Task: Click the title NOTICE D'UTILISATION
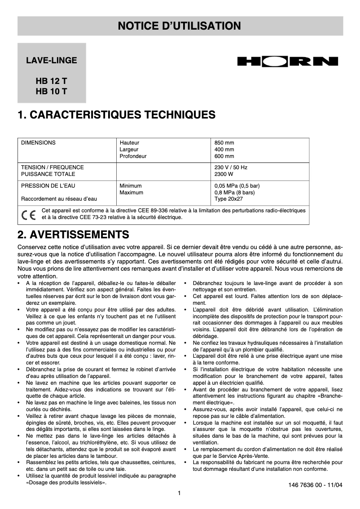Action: coord(180,26)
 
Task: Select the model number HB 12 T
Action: coord(52,82)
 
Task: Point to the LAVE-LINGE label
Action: coord(52,60)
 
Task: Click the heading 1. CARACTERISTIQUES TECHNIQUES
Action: coord(116,115)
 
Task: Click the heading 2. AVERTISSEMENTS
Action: coord(73,234)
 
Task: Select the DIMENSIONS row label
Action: coord(39,143)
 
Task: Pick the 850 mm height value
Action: coord(224,143)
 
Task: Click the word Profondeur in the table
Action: coord(133,156)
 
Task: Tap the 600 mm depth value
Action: coord(224,156)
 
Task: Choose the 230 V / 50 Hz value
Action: coord(231,167)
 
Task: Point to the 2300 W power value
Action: coord(224,174)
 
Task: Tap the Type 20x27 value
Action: coord(229,199)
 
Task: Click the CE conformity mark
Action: coord(28,214)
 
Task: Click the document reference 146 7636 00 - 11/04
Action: coord(315,485)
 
